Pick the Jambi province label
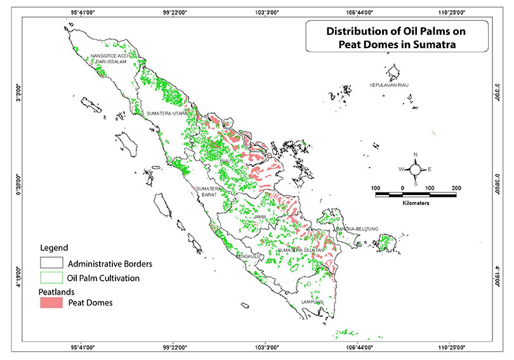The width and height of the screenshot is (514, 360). tap(259, 217)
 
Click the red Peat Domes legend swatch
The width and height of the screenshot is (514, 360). tap(51, 303)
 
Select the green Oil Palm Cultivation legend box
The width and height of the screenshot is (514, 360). tap(51, 277)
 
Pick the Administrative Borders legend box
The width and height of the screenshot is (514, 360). tap(51, 262)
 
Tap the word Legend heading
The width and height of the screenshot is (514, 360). tap(54, 247)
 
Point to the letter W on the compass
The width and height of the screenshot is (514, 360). tap(400, 170)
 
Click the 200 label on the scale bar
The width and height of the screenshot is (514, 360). tap(456, 189)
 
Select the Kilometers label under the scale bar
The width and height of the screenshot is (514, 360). tap(415, 204)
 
